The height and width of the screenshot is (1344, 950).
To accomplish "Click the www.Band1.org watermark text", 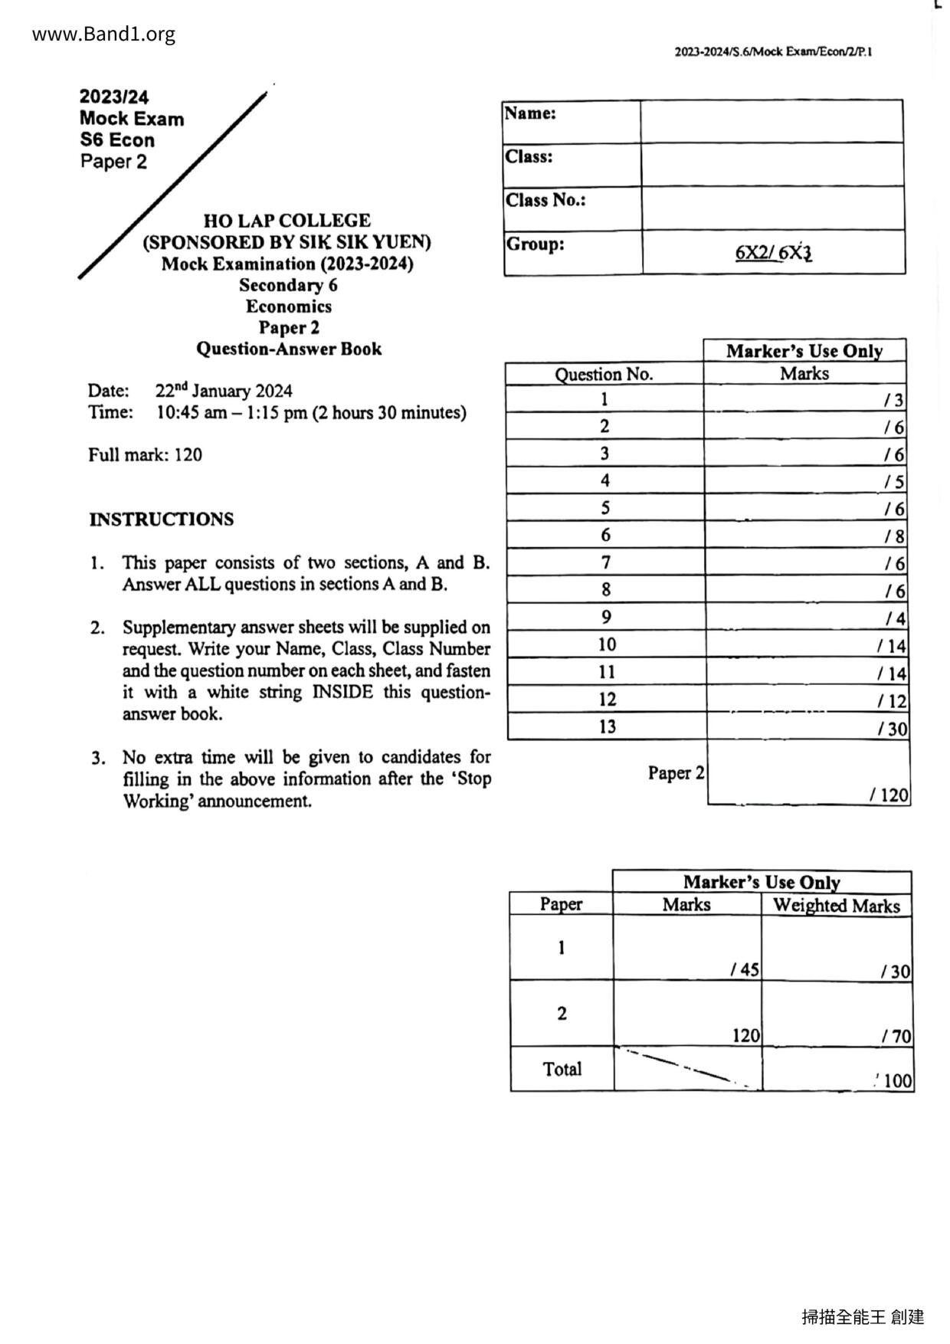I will (x=104, y=34).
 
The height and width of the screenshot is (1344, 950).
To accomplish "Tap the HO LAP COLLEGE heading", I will (x=287, y=221).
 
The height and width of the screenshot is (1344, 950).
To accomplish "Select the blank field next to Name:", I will (x=771, y=121).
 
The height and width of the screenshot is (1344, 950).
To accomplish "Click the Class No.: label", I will (x=545, y=200).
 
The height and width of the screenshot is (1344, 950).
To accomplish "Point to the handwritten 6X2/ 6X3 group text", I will (x=772, y=252).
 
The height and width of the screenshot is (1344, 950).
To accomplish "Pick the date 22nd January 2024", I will (x=224, y=391).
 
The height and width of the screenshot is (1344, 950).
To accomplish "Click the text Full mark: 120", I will (x=145, y=455).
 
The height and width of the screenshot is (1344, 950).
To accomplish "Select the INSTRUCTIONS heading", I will (x=161, y=520).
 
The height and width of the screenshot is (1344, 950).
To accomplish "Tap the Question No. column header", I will (x=604, y=374).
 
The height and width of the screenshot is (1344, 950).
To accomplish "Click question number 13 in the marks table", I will (x=607, y=726).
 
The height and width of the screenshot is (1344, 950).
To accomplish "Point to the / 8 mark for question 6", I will (x=894, y=536).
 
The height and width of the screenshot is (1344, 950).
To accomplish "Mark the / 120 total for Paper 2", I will (x=889, y=795).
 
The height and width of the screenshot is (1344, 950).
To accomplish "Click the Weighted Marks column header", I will (x=836, y=906).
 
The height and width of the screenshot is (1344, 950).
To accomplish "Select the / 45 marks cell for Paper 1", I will (x=744, y=970).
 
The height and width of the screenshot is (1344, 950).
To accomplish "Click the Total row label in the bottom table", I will (x=562, y=1069).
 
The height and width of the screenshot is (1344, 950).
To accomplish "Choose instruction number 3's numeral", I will (x=97, y=759).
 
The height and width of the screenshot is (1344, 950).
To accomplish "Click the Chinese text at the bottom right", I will (x=863, y=1316).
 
